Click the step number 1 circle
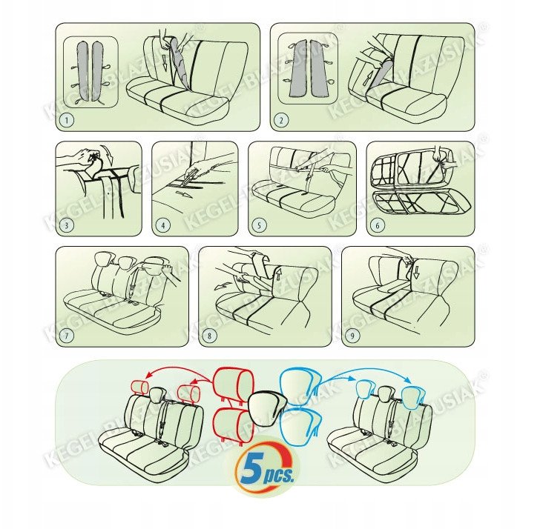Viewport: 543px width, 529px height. (67, 121)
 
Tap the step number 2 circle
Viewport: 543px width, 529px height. (281, 121)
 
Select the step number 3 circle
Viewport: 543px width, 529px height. (67, 225)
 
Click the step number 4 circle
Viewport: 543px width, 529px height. (163, 225)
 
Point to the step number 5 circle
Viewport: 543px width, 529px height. (260, 225)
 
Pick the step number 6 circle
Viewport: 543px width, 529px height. (378, 225)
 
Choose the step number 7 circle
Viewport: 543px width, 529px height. (67, 335)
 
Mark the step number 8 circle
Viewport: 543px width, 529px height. (209, 335)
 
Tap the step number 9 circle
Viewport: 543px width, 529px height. (353, 335)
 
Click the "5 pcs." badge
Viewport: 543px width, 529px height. (264, 469)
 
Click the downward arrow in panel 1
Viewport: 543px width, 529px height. (165, 64)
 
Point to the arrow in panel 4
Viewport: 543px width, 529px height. (183, 194)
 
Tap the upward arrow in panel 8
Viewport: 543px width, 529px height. (277, 273)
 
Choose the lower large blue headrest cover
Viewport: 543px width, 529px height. (299, 425)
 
